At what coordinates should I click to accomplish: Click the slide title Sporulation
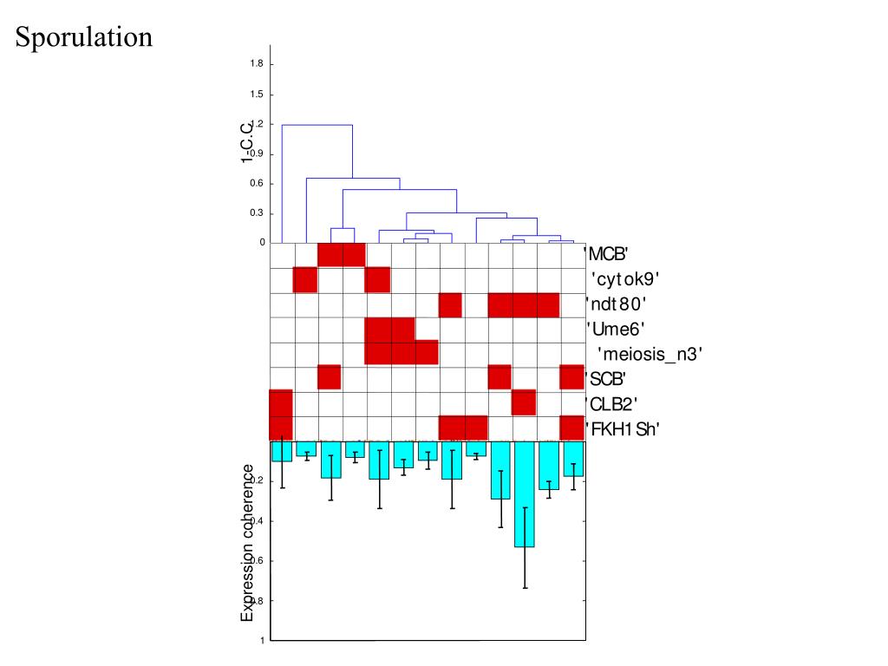click(x=84, y=37)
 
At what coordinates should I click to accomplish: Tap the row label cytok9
click(x=625, y=279)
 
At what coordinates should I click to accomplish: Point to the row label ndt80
click(x=617, y=304)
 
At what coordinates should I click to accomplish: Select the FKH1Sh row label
click(x=623, y=428)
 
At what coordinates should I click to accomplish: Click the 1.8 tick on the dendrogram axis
click(x=258, y=64)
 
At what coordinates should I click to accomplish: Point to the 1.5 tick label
click(x=258, y=95)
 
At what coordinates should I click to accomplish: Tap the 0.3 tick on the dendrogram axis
click(x=257, y=213)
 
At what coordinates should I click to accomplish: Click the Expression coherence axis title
click(x=248, y=542)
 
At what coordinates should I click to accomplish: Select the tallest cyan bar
click(x=524, y=494)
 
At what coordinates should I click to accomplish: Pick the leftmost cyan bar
click(x=281, y=451)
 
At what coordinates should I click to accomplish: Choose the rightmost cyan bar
click(x=573, y=459)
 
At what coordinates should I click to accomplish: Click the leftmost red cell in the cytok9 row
click(x=305, y=280)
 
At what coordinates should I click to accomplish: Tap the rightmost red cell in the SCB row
click(x=572, y=377)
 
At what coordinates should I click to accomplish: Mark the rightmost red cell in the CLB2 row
click(x=524, y=402)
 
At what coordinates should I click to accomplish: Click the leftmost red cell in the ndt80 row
click(x=450, y=305)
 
